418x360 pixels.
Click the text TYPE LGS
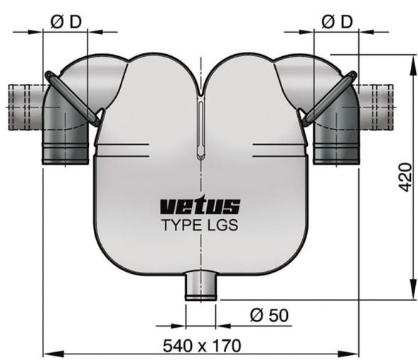[199, 226]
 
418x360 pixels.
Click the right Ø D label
[336, 21]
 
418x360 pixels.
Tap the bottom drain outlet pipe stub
[200, 286]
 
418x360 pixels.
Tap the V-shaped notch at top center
[200, 89]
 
